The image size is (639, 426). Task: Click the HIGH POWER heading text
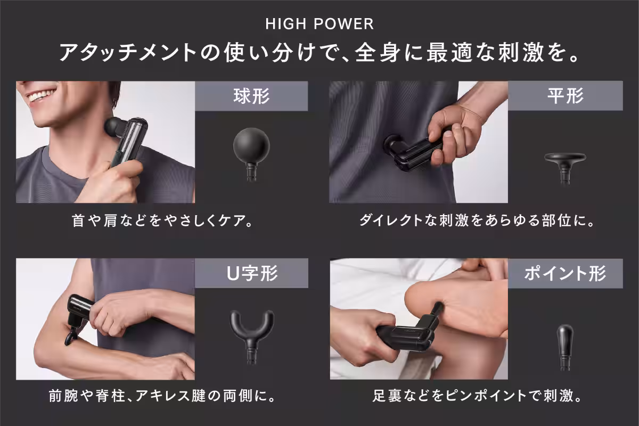tap(319, 24)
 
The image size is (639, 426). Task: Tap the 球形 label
tap(251, 96)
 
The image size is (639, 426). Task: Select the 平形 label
tap(565, 96)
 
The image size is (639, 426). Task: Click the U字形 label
tap(252, 273)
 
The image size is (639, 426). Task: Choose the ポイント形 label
tap(565, 273)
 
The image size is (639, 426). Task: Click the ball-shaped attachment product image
tap(251, 153)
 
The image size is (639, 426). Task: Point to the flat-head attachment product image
tap(565, 168)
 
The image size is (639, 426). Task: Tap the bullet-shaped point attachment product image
tap(565, 347)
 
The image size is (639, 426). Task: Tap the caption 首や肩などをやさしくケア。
tap(162, 220)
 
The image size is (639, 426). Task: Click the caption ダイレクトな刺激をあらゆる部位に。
tap(477, 220)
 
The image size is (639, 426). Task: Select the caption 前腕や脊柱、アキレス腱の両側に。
tap(162, 396)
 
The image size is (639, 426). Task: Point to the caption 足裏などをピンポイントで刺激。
tap(477, 396)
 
